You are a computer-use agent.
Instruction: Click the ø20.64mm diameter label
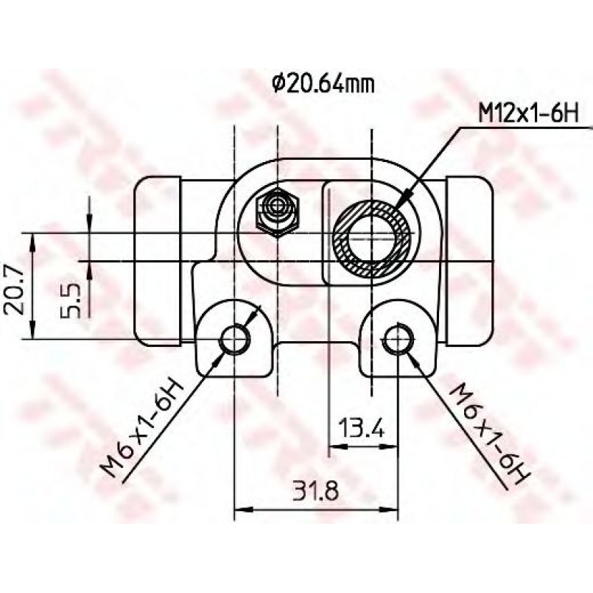click(323, 85)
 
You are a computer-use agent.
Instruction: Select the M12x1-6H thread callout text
click(528, 113)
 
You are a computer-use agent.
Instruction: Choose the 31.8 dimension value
click(316, 491)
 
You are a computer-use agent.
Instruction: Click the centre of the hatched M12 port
click(372, 239)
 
